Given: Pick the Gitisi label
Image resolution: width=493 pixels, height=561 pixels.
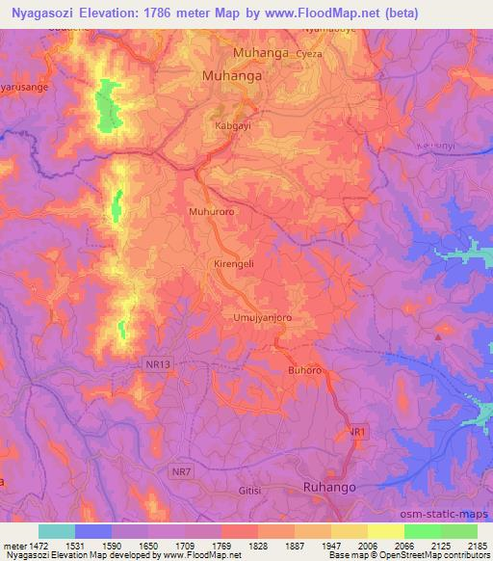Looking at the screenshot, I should pyautogui.click(x=249, y=491).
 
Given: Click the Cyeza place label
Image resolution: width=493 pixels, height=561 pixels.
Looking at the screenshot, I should pyautogui.click(x=283, y=55).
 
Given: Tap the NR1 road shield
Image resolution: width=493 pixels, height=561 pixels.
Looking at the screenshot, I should pyautogui.click(x=357, y=433).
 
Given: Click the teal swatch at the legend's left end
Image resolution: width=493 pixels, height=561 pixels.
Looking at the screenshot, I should pyautogui.click(x=57, y=531).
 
